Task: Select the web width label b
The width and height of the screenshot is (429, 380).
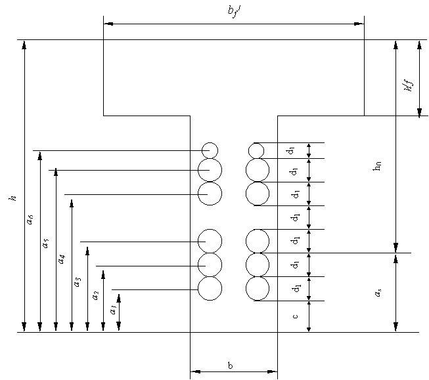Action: [231, 366]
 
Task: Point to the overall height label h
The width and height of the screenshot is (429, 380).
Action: [12, 197]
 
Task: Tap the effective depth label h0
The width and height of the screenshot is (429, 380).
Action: [377, 167]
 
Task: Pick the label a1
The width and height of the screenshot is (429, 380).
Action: [113, 308]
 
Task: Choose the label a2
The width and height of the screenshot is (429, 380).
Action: [96, 295]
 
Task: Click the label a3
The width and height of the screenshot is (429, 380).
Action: [78, 282]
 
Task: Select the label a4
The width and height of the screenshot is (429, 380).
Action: [62, 258]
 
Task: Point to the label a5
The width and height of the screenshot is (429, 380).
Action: [45, 243]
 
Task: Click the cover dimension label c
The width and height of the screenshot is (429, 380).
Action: [295, 316]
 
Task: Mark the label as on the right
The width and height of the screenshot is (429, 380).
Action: [378, 293]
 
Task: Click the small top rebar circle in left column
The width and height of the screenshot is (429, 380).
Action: [210, 150]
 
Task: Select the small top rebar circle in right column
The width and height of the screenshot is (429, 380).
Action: [256, 150]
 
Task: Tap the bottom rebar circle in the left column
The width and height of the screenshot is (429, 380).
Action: [210, 289]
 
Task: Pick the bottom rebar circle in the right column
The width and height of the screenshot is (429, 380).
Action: [258, 289]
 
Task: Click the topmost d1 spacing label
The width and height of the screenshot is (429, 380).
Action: [291, 151]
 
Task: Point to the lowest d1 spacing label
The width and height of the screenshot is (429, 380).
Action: [296, 288]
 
